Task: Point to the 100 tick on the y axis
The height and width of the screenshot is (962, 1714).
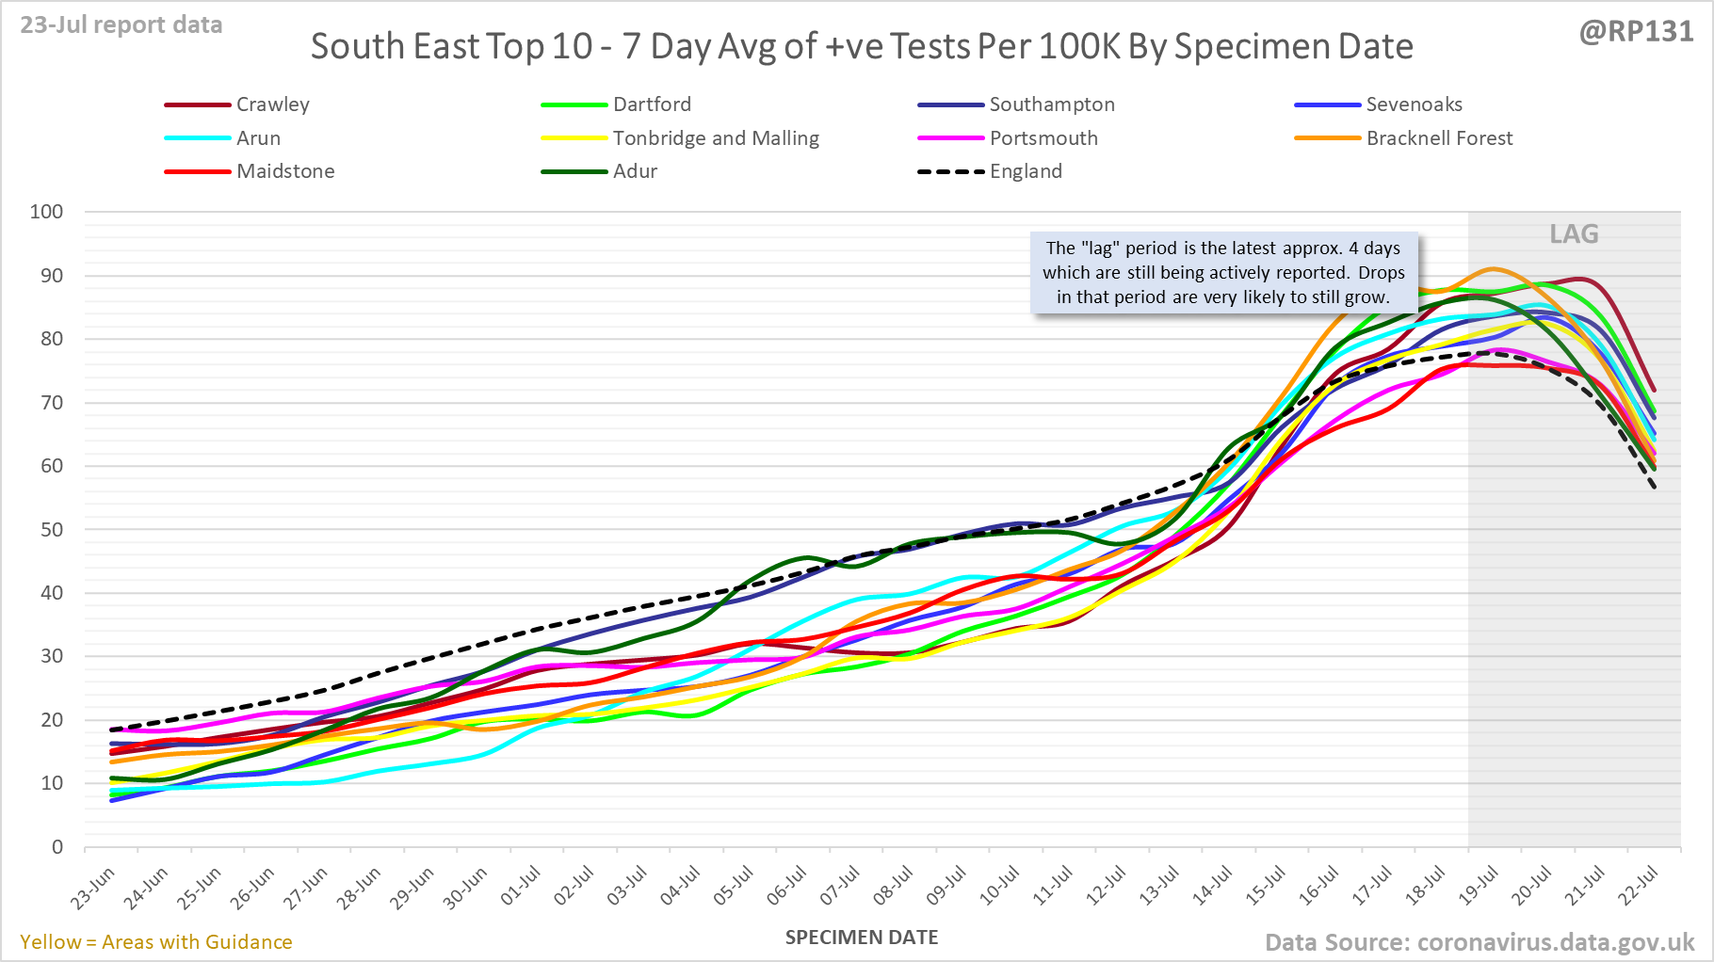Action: tap(47, 212)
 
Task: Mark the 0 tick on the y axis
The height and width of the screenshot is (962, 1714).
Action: tap(57, 847)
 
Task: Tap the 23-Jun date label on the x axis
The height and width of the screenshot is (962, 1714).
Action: tap(92, 888)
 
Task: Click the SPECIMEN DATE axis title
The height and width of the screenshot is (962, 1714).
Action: tap(862, 938)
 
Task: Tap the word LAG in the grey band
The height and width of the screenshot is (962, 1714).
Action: tap(1574, 234)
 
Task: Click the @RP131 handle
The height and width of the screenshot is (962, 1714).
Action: tap(1636, 32)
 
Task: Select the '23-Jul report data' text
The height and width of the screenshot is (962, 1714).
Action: tap(121, 25)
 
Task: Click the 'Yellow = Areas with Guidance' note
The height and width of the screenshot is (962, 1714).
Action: tap(156, 942)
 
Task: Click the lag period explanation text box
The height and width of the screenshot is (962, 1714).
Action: tap(1223, 273)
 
